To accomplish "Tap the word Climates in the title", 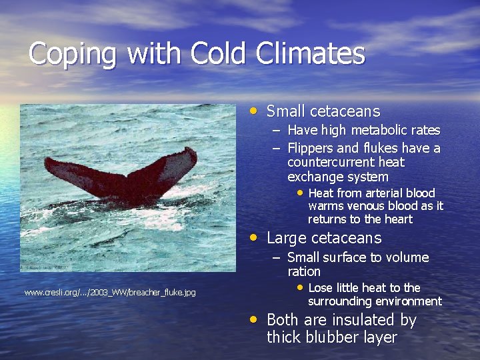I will tap(311, 53).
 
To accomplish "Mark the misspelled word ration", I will tap(304, 272).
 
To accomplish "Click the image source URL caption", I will tap(110, 292).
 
